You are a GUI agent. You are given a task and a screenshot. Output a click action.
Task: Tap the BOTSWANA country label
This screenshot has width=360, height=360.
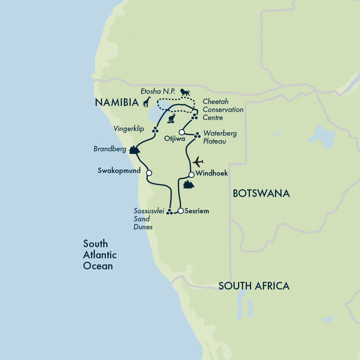(261, 194)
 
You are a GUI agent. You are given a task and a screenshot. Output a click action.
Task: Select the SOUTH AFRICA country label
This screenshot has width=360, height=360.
(254, 286)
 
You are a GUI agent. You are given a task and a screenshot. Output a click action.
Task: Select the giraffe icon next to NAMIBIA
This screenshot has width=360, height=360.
(147, 102)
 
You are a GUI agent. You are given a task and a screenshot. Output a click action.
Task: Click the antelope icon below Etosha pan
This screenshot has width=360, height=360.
(171, 118)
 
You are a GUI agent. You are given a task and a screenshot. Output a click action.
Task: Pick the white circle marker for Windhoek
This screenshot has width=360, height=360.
(192, 175)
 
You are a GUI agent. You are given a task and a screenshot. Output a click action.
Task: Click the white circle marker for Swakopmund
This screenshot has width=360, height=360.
(149, 173)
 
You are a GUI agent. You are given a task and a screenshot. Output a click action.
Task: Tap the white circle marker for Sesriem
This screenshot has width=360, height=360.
(181, 211)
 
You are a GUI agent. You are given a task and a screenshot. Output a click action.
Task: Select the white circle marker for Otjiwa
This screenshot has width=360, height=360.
(182, 132)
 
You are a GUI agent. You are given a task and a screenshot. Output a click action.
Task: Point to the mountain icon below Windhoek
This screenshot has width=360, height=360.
(189, 185)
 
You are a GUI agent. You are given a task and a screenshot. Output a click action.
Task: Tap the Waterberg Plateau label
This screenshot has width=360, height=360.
(220, 137)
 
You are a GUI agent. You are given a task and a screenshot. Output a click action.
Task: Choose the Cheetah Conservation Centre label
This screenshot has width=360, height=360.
(223, 110)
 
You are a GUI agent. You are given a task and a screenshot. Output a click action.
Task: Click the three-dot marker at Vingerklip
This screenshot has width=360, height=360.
(155, 130)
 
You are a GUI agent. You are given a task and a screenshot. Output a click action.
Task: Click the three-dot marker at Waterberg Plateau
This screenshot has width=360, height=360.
(197, 135)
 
